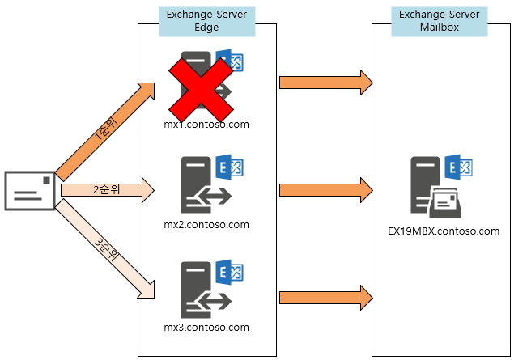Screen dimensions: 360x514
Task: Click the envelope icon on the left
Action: click(x=31, y=190)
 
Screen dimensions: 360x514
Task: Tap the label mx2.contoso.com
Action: click(x=206, y=224)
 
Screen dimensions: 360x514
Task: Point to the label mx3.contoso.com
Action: click(x=206, y=328)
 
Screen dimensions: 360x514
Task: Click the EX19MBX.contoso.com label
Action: click(x=444, y=231)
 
